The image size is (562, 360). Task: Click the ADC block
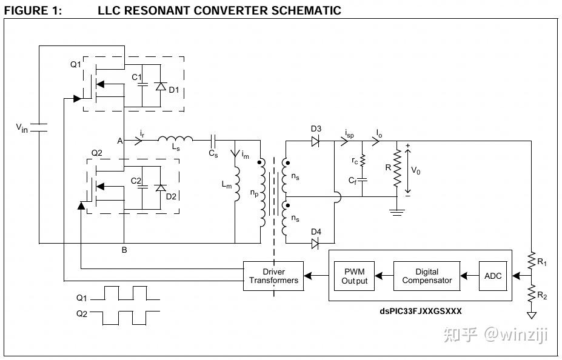click(493, 276)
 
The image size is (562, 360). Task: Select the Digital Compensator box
click(427, 276)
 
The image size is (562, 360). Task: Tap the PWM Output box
click(354, 276)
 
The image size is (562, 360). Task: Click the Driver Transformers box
click(273, 276)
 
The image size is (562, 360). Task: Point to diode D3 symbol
click(315, 141)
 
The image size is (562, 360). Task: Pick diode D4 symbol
click(315, 244)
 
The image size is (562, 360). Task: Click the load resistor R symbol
click(397, 168)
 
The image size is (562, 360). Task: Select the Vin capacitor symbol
click(39, 127)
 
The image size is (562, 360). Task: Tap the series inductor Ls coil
click(175, 139)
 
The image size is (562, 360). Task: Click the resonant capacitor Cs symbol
click(213, 141)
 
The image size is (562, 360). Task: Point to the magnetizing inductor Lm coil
click(236, 184)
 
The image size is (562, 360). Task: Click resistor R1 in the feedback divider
click(532, 261)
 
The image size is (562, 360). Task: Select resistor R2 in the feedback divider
click(532, 294)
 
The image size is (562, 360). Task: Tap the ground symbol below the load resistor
click(397, 212)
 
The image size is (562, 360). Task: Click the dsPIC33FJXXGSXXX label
click(420, 311)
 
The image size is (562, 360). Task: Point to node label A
click(119, 141)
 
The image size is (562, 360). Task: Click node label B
click(124, 250)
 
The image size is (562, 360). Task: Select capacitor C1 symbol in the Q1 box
click(142, 84)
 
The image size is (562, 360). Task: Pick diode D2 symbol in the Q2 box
click(160, 188)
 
